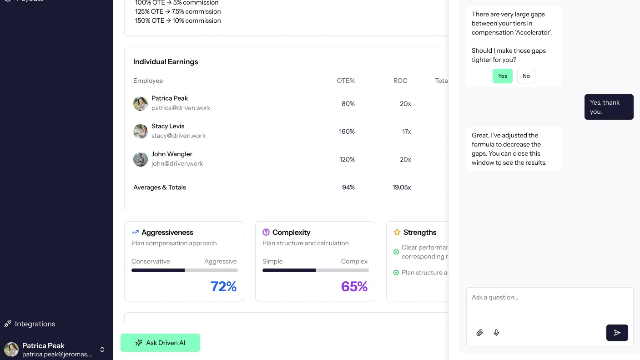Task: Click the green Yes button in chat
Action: point(502,76)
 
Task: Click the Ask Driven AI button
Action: point(160,343)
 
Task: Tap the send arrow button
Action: point(617,333)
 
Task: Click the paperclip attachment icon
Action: point(479,333)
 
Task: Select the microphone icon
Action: point(496,333)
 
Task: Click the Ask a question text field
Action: point(549,303)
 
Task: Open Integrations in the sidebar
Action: point(35,324)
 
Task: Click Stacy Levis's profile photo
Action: point(141,132)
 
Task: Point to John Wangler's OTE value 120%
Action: point(347,159)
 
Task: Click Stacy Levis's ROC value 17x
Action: point(406,132)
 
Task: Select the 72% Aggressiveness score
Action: point(223,286)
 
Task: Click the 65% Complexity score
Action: point(354,286)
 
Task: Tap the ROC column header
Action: point(400,81)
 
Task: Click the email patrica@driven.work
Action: point(181,108)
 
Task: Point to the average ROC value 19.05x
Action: point(402,187)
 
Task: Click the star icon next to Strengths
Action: point(397,232)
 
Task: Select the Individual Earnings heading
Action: point(166,62)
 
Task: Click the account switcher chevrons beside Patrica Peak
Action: point(102,350)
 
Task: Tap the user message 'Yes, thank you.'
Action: point(609,107)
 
